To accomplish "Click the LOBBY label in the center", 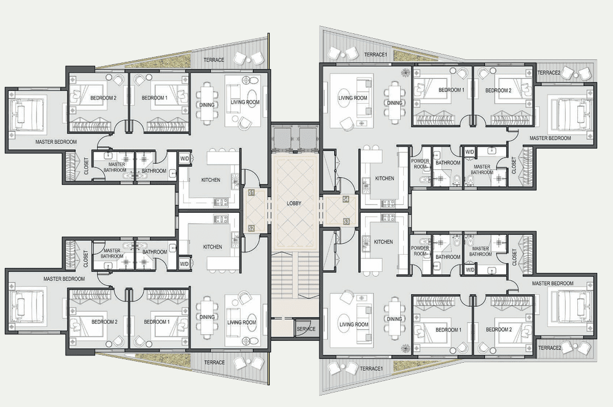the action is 294,203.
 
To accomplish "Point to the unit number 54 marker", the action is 346,199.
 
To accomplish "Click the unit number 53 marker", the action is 346,221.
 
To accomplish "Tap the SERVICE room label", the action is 306,329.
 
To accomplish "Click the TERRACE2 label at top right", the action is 549,73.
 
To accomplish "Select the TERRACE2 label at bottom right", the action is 550,348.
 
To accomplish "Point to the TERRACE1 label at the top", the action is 375,55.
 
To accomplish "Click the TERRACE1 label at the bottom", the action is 371,368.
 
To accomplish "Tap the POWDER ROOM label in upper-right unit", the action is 420,164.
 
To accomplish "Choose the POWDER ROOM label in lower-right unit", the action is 420,251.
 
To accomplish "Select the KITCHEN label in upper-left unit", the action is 211,180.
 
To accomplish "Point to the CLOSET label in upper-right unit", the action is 514,166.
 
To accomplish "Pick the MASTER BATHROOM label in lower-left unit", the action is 112,254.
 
